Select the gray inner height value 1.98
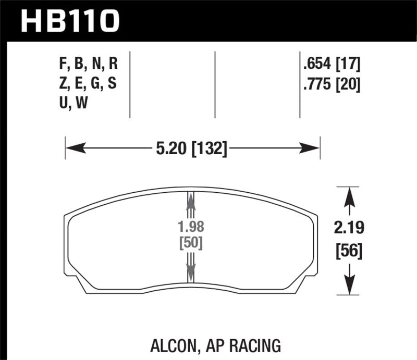[190, 228]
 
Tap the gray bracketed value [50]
[190, 243]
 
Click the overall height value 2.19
[348, 228]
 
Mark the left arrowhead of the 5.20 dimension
[73, 150]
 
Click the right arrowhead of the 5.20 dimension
[311, 150]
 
